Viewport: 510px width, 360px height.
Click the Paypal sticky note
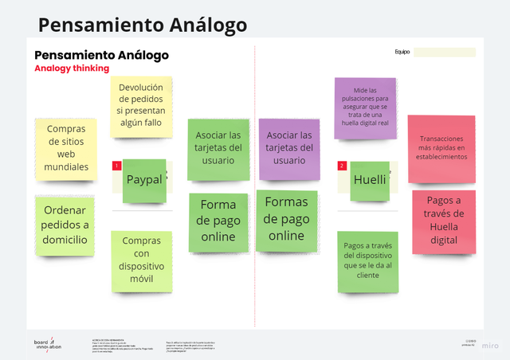(x=144, y=181)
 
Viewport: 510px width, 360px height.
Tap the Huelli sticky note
(x=370, y=180)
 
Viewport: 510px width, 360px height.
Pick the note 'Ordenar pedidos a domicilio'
(x=65, y=225)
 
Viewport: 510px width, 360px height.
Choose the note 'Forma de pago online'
(x=218, y=221)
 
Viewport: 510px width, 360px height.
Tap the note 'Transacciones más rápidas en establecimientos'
(x=441, y=147)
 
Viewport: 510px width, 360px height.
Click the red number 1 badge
(x=116, y=166)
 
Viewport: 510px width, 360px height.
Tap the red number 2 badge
(x=342, y=166)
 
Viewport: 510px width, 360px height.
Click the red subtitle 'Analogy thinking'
(x=72, y=68)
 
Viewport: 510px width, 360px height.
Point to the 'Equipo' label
(x=402, y=53)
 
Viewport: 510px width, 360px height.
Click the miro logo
(x=490, y=346)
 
